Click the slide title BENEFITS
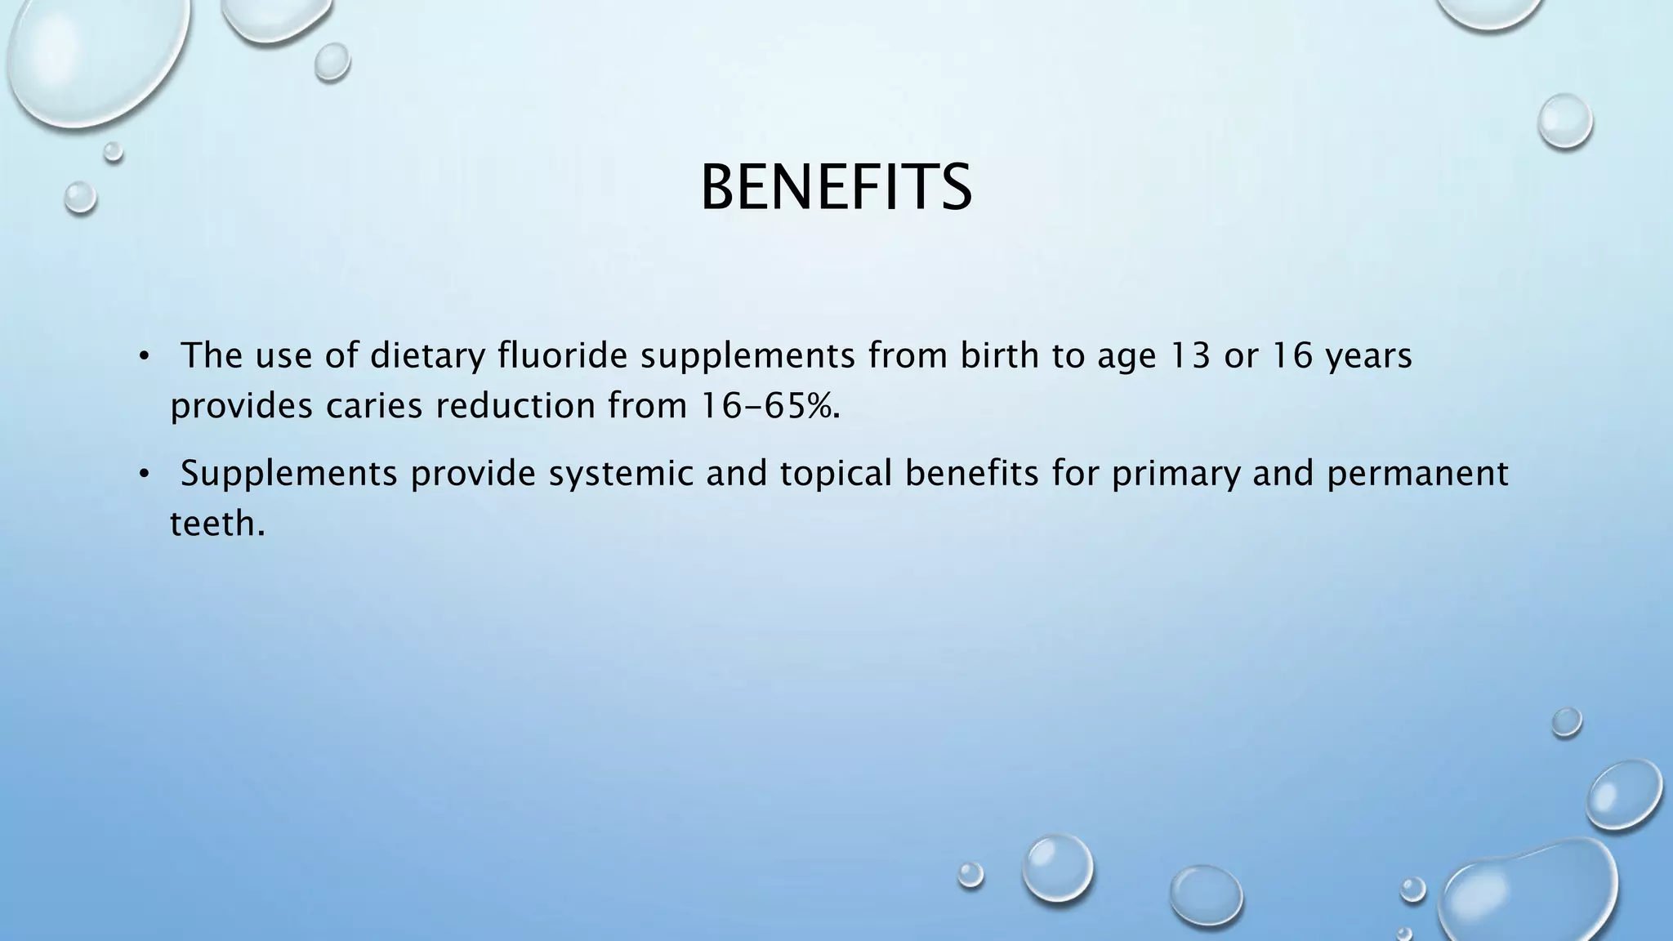coord(836,188)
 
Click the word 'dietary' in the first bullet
coord(427,356)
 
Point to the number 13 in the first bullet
coord(1189,355)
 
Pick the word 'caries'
coord(374,406)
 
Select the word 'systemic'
coord(621,474)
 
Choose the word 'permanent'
coord(1417,474)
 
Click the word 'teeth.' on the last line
coord(217,523)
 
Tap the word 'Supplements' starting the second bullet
coord(289,474)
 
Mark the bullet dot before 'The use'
coord(144,356)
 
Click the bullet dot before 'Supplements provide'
coord(144,474)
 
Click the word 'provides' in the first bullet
coord(241,406)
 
